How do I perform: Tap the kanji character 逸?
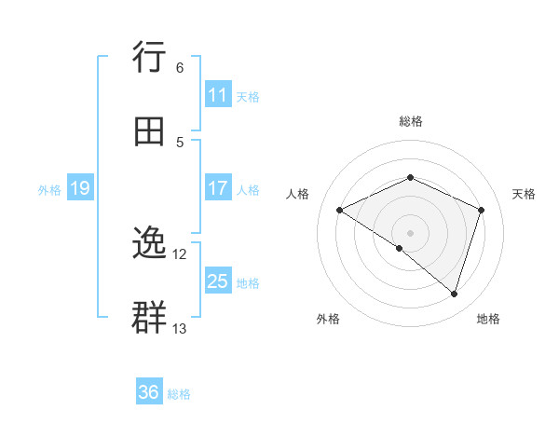pyautogui.click(x=150, y=244)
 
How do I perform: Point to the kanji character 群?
pyautogui.click(x=150, y=318)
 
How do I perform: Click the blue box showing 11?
pyautogui.click(x=218, y=95)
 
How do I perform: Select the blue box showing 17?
pyautogui.click(x=218, y=188)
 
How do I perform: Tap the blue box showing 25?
pyautogui.click(x=218, y=281)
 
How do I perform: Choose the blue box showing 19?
pyautogui.click(x=79, y=189)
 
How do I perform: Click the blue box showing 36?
pyautogui.click(x=149, y=392)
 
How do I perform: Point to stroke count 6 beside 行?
pyautogui.click(x=180, y=68)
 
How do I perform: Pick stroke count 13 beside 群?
pyautogui.click(x=180, y=328)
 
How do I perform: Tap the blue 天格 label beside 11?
pyautogui.click(x=248, y=96)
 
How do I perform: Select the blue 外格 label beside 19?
pyautogui.click(x=49, y=189)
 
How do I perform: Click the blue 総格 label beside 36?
pyautogui.click(x=179, y=394)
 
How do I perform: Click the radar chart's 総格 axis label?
pyautogui.click(x=410, y=121)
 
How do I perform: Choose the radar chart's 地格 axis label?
pyautogui.click(x=488, y=319)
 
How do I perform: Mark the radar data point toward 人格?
pyautogui.click(x=340, y=211)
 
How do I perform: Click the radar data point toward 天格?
pyautogui.click(x=482, y=210)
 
